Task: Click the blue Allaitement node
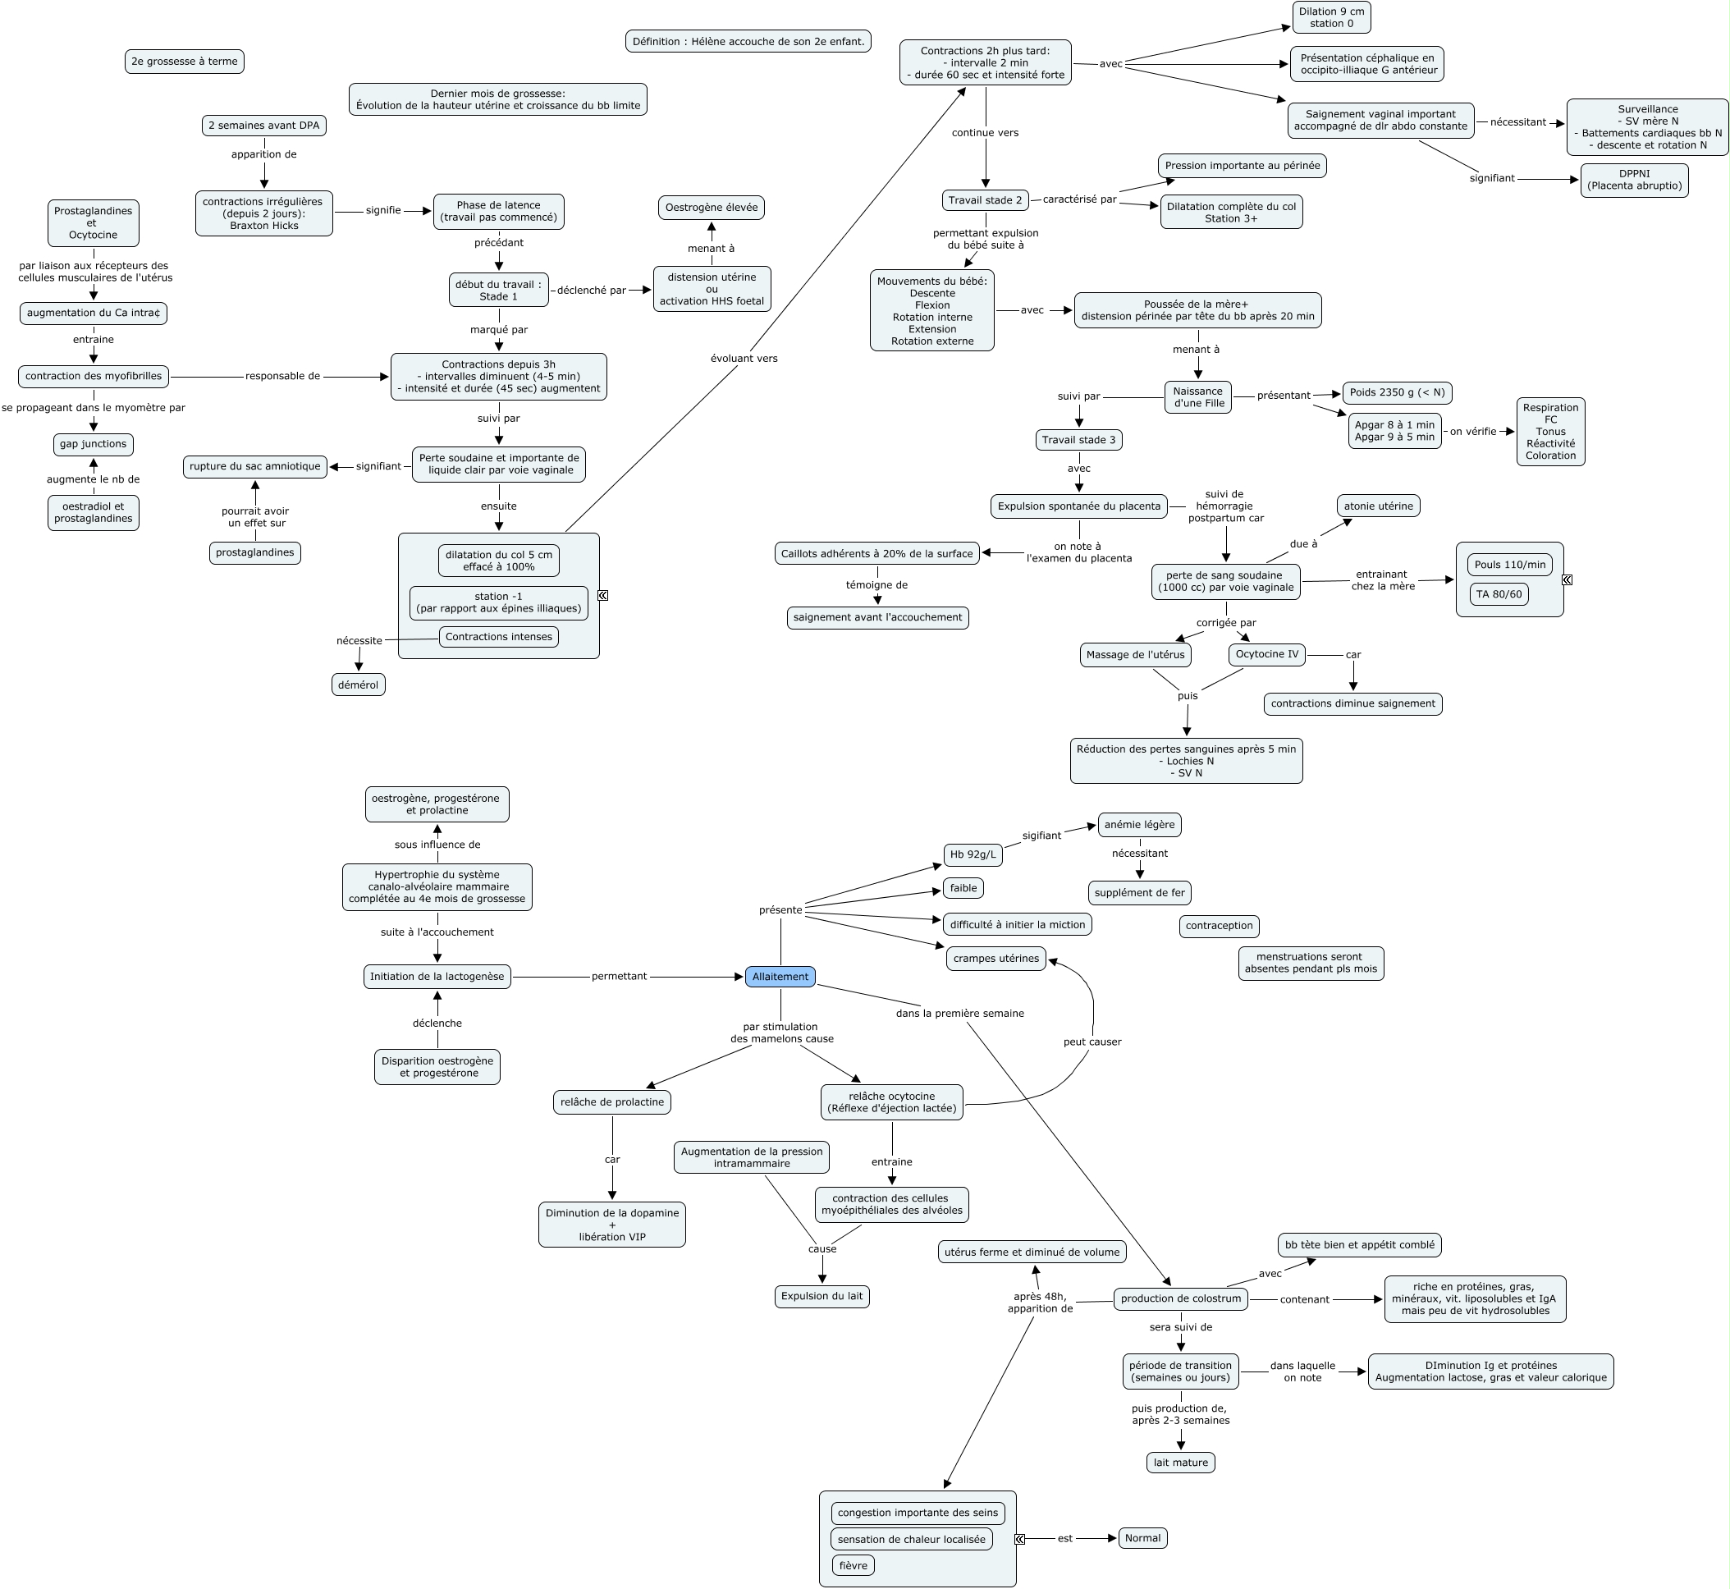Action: coord(780,977)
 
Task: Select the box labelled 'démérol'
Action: coord(358,685)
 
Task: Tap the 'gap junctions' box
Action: coord(93,444)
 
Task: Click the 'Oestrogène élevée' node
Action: coord(711,207)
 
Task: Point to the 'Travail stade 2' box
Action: coord(985,200)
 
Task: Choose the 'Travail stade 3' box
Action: coord(1078,440)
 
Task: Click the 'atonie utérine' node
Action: coord(1377,506)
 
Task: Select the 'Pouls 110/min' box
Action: coord(1509,565)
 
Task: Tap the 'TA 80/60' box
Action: coord(1498,594)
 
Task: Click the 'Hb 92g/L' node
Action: coord(973,854)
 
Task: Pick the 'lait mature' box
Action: coord(1179,1463)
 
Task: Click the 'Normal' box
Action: coord(1142,1538)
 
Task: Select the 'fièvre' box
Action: coord(852,1566)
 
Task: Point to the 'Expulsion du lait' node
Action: coord(822,1296)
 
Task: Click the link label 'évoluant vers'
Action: coord(744,359)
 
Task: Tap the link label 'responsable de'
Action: coord(282,376)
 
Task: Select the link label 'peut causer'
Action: coord(1092,1042)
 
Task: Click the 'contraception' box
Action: coord(1219,926)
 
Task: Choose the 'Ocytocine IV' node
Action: coord(1266,654)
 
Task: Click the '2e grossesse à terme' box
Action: coord(184,61)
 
